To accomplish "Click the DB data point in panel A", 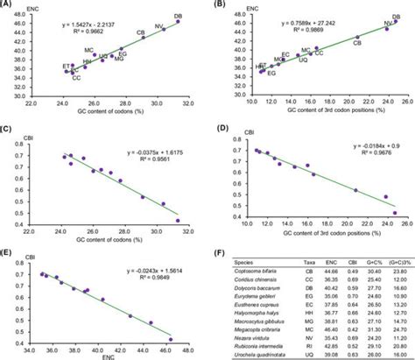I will point(178,22).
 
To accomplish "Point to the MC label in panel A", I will point(88,50).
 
